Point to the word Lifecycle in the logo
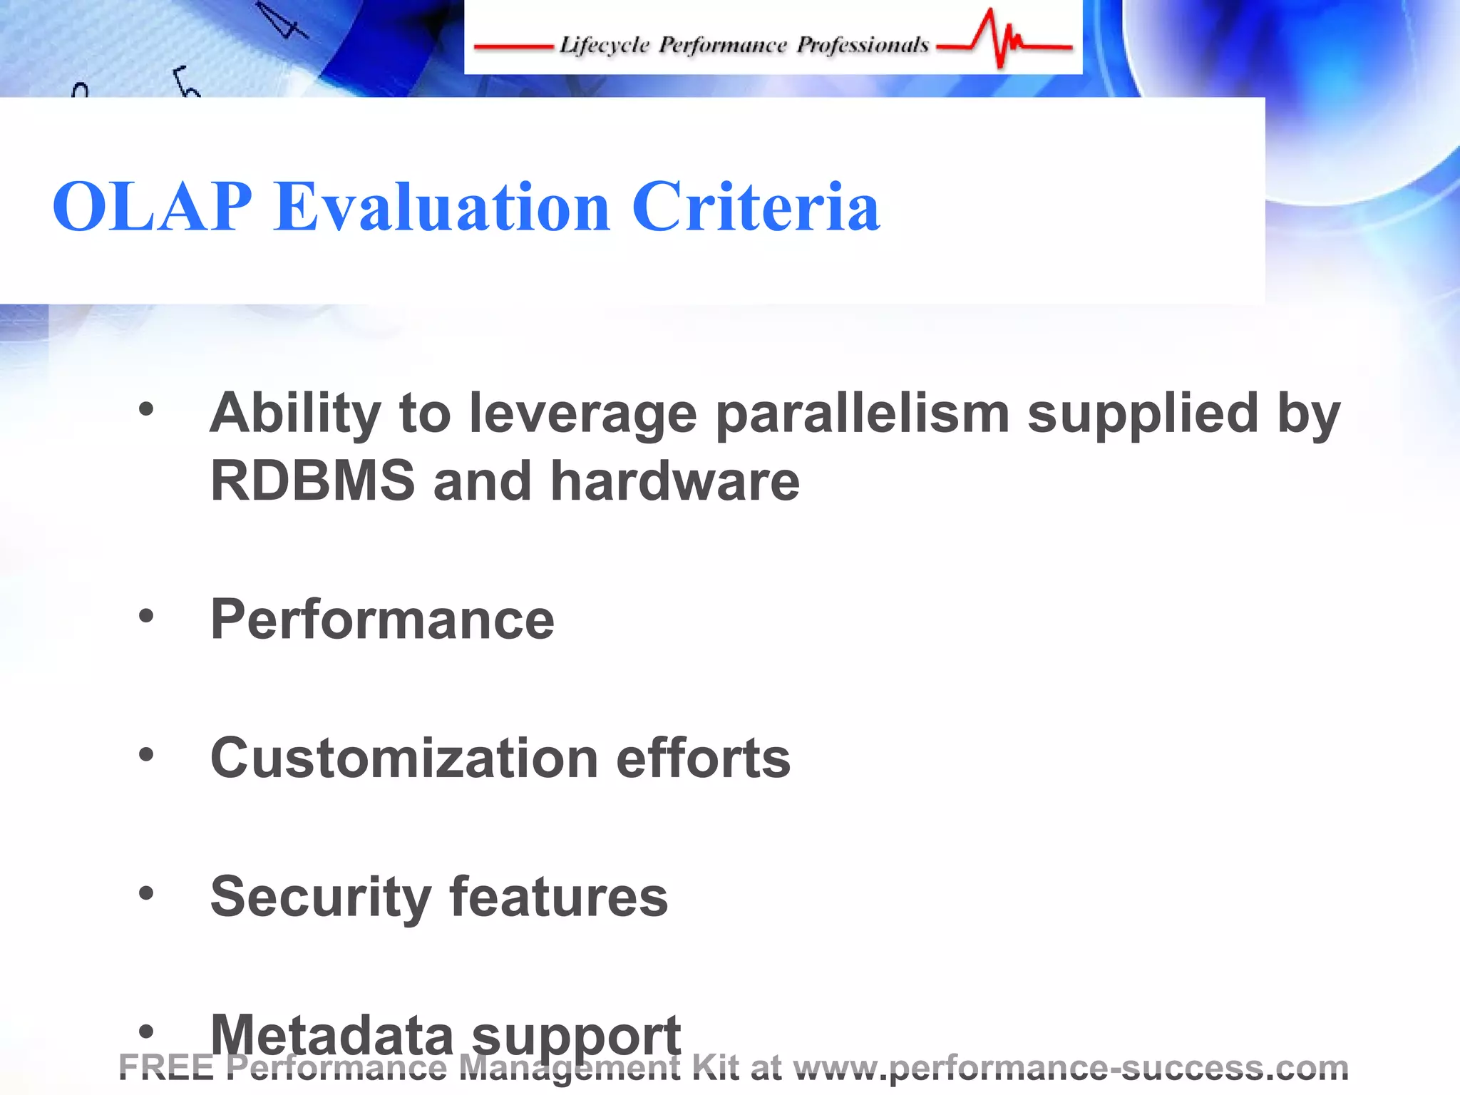604,45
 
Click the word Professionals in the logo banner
863,45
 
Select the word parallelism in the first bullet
863,413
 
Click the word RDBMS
312,481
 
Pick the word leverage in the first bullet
582,413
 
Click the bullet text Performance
382,620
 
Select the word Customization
404,758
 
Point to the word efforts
703,758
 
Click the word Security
321,897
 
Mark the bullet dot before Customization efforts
146,754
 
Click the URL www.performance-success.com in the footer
1070,1067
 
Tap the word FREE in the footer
166,1067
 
